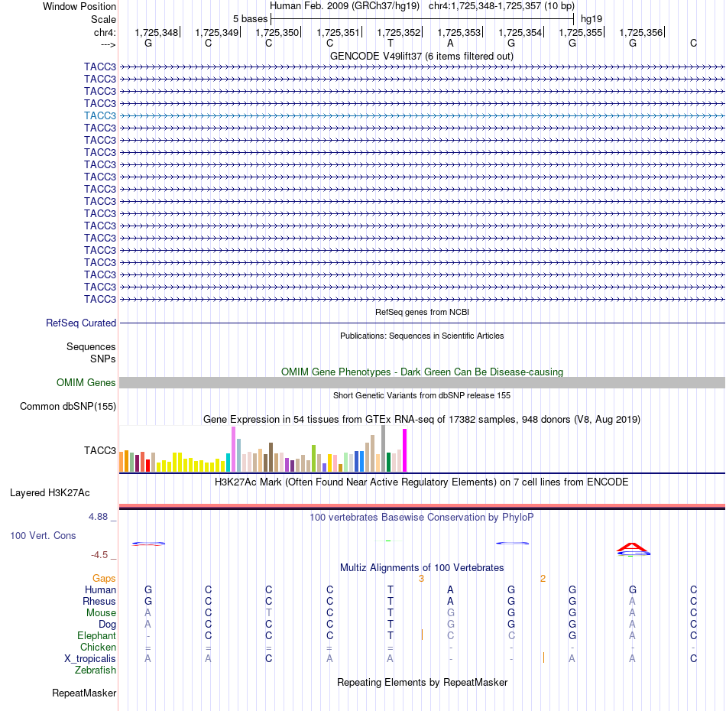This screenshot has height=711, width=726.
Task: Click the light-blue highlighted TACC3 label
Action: tap(100, 115)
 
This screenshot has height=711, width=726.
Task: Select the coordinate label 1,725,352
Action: tap(399, 32)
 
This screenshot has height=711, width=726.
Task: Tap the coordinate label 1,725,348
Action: tap(156, 32)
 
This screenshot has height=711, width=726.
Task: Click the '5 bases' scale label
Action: tap(250, 19)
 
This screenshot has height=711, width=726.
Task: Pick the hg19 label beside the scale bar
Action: tap(591, 19)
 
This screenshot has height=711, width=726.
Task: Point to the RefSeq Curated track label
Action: tap(81, 323)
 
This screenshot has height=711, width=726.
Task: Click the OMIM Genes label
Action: tap(86, 382)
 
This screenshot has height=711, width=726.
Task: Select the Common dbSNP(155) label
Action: tap(68, 406)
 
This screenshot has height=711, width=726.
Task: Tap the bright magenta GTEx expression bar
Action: tap(405, 450)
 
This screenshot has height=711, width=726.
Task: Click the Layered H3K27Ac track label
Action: tap(50, 493)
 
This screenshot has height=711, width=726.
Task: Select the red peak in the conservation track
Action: tap(633, 547)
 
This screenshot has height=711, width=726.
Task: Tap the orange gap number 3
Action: tap(421, 579)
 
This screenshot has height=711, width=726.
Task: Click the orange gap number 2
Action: tap(543, 579)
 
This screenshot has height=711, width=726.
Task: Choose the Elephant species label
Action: tap(97, 635)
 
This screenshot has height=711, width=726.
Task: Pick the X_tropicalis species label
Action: tap(90, 659)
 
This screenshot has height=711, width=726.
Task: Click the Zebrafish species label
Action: tap(96, 670)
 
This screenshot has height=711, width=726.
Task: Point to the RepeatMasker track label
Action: tap(84, 693)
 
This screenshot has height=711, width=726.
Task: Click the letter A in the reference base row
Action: tap(450, 43)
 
